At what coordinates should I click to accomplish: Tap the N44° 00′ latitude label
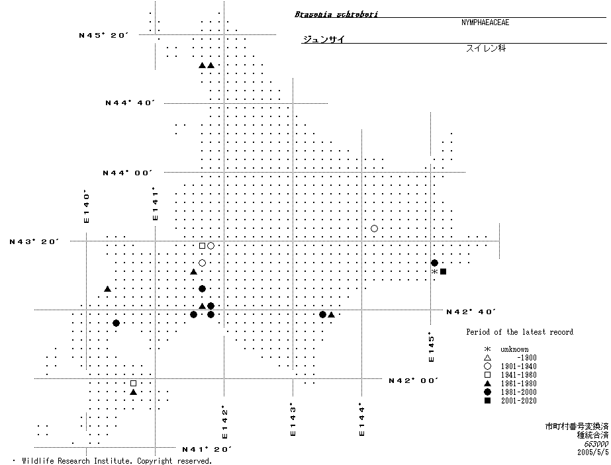click(128, 173)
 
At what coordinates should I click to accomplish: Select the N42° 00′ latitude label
click(414, 380)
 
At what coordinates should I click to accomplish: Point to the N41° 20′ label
click(207, 449)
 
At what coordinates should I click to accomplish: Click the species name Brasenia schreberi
click(336, 14)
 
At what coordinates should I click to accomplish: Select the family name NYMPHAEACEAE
click(485, 22)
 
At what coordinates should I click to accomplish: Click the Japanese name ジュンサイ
click(323, 40)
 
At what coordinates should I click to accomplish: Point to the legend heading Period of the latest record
click(520, 332)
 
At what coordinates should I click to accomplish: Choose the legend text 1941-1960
click(518, 375)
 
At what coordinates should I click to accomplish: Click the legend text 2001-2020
click(518, 401)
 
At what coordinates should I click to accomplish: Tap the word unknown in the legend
click(514, 349)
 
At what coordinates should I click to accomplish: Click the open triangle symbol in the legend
click(487, 358)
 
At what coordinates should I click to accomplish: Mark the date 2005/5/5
click(593, 453)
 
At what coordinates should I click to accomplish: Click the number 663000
click(593, 444)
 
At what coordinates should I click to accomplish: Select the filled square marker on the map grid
click(443, 271)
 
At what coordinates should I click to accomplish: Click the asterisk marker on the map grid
click(434, 271)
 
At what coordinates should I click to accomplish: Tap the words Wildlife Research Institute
click(81, 460)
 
